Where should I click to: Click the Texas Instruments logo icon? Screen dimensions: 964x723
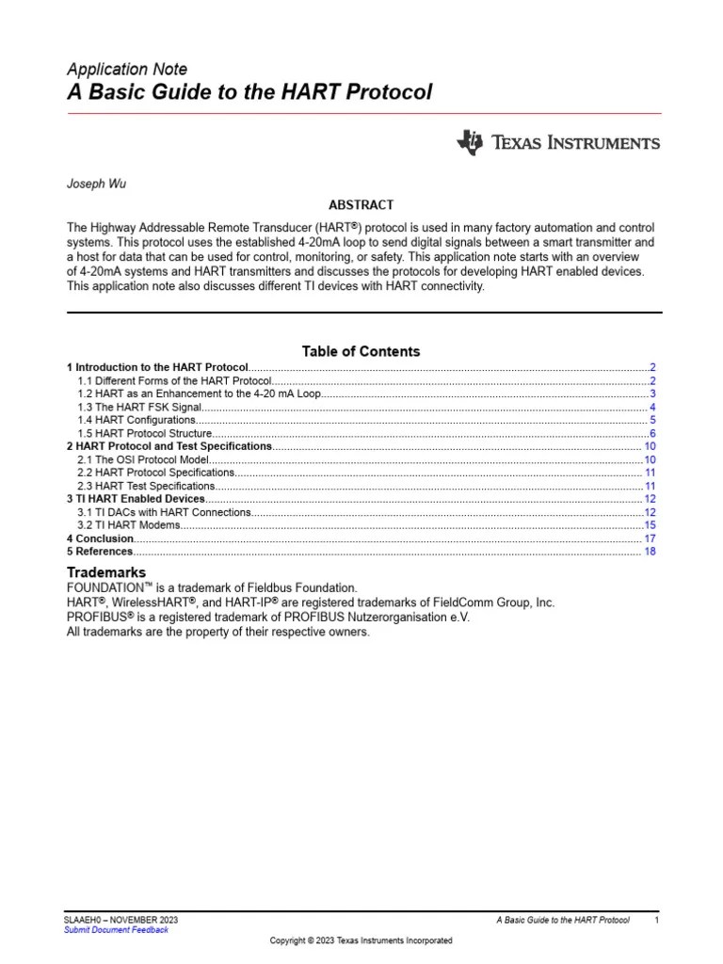coord(469,142)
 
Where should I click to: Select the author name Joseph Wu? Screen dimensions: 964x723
coord(96,184)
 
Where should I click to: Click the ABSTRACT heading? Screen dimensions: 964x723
coord(361,204)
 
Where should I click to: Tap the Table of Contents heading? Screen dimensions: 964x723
coord(361,351)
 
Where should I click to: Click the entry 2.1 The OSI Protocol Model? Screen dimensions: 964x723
coord(141,459)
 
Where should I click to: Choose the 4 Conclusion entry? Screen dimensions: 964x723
coord(100,538)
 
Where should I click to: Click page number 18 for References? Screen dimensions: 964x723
coord(650,552)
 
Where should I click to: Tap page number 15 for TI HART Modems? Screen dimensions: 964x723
coord(650,525)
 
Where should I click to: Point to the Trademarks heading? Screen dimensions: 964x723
coord(105,572)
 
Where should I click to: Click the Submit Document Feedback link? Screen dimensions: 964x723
coord(116,929)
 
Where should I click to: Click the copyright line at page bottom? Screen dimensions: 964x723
coord(361,940)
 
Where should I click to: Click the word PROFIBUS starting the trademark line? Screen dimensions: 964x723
coord(98,618)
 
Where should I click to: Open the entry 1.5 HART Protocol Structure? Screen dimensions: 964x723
coord(145,433)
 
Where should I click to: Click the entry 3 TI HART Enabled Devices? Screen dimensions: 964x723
coord(136,499)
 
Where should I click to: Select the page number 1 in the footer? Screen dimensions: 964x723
coord(656,920)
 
